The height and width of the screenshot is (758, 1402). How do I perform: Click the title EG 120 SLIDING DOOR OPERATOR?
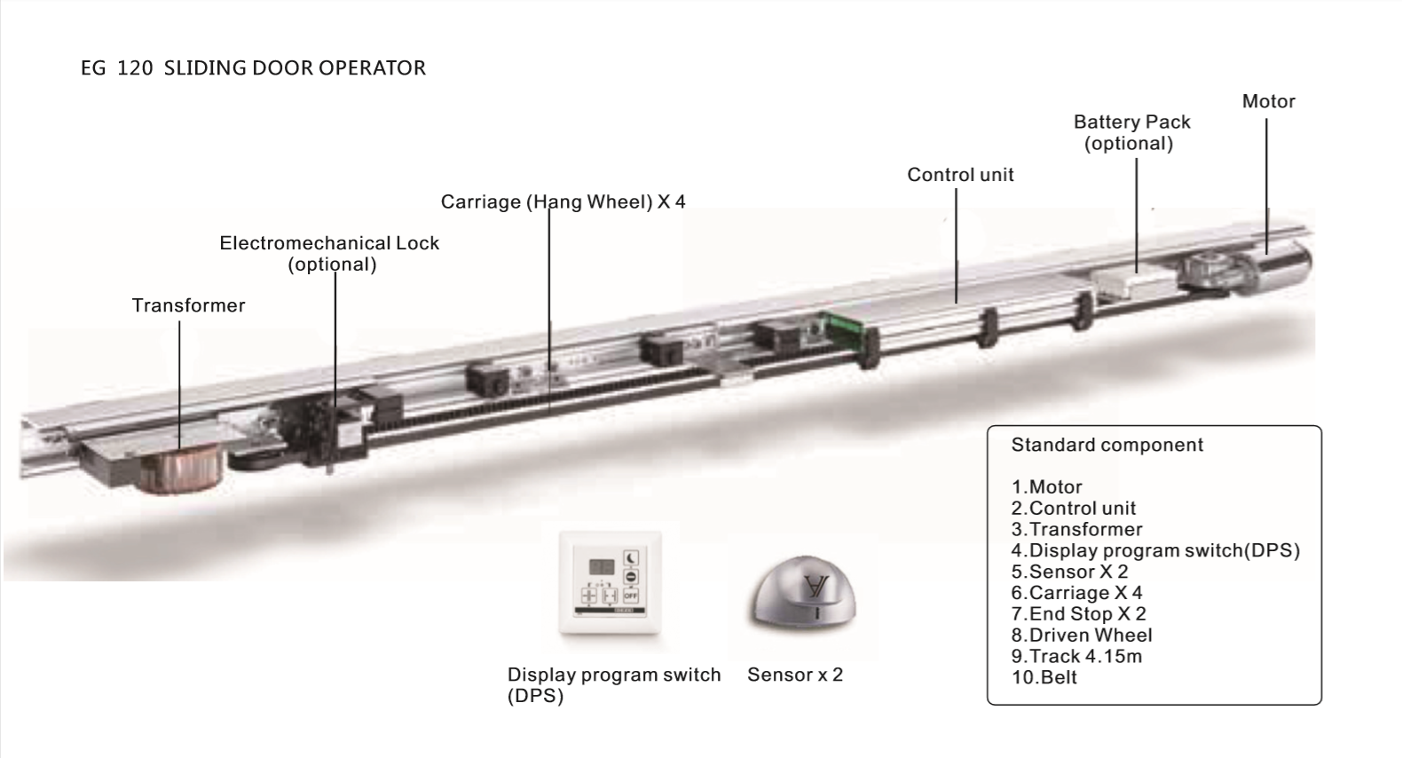tap(253, 67)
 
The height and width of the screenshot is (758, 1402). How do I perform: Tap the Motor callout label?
tap(1268, 101)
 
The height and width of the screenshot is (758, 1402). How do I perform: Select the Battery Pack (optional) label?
tap(1130, 132)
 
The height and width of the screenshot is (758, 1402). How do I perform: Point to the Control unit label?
tap(959, 175)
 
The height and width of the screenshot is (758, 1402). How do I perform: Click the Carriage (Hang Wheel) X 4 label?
tap(563, 201)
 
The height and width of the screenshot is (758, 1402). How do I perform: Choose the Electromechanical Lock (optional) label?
tap(329, 253)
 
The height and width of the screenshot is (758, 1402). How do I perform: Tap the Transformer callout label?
tap(188, 305)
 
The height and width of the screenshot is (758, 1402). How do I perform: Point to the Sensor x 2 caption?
tap(794, 675)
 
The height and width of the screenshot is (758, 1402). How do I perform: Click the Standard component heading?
tap(1107, 445)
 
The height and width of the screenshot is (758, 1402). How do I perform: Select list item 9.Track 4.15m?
tap(1075, 656)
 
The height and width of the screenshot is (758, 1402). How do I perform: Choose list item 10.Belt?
tap(1044, 677)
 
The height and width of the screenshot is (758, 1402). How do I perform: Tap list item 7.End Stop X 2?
tap(1077, 613)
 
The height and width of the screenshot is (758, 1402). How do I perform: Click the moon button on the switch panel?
tap(630, 557)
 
